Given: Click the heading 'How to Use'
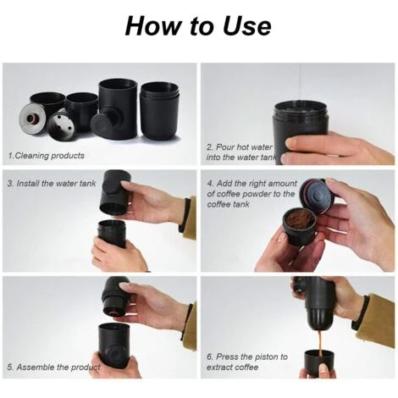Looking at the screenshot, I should click(198, 25).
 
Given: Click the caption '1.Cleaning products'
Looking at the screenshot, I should click(46, 156).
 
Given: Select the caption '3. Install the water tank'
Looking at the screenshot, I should click(50, 182).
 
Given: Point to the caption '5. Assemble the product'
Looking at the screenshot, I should click(53, 367).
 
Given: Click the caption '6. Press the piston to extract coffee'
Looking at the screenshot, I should click(246, 362).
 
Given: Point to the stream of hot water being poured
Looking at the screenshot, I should click(300, 85).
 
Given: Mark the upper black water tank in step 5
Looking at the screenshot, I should click(116, 295).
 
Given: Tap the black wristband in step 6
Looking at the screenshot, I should click(361, 312).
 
